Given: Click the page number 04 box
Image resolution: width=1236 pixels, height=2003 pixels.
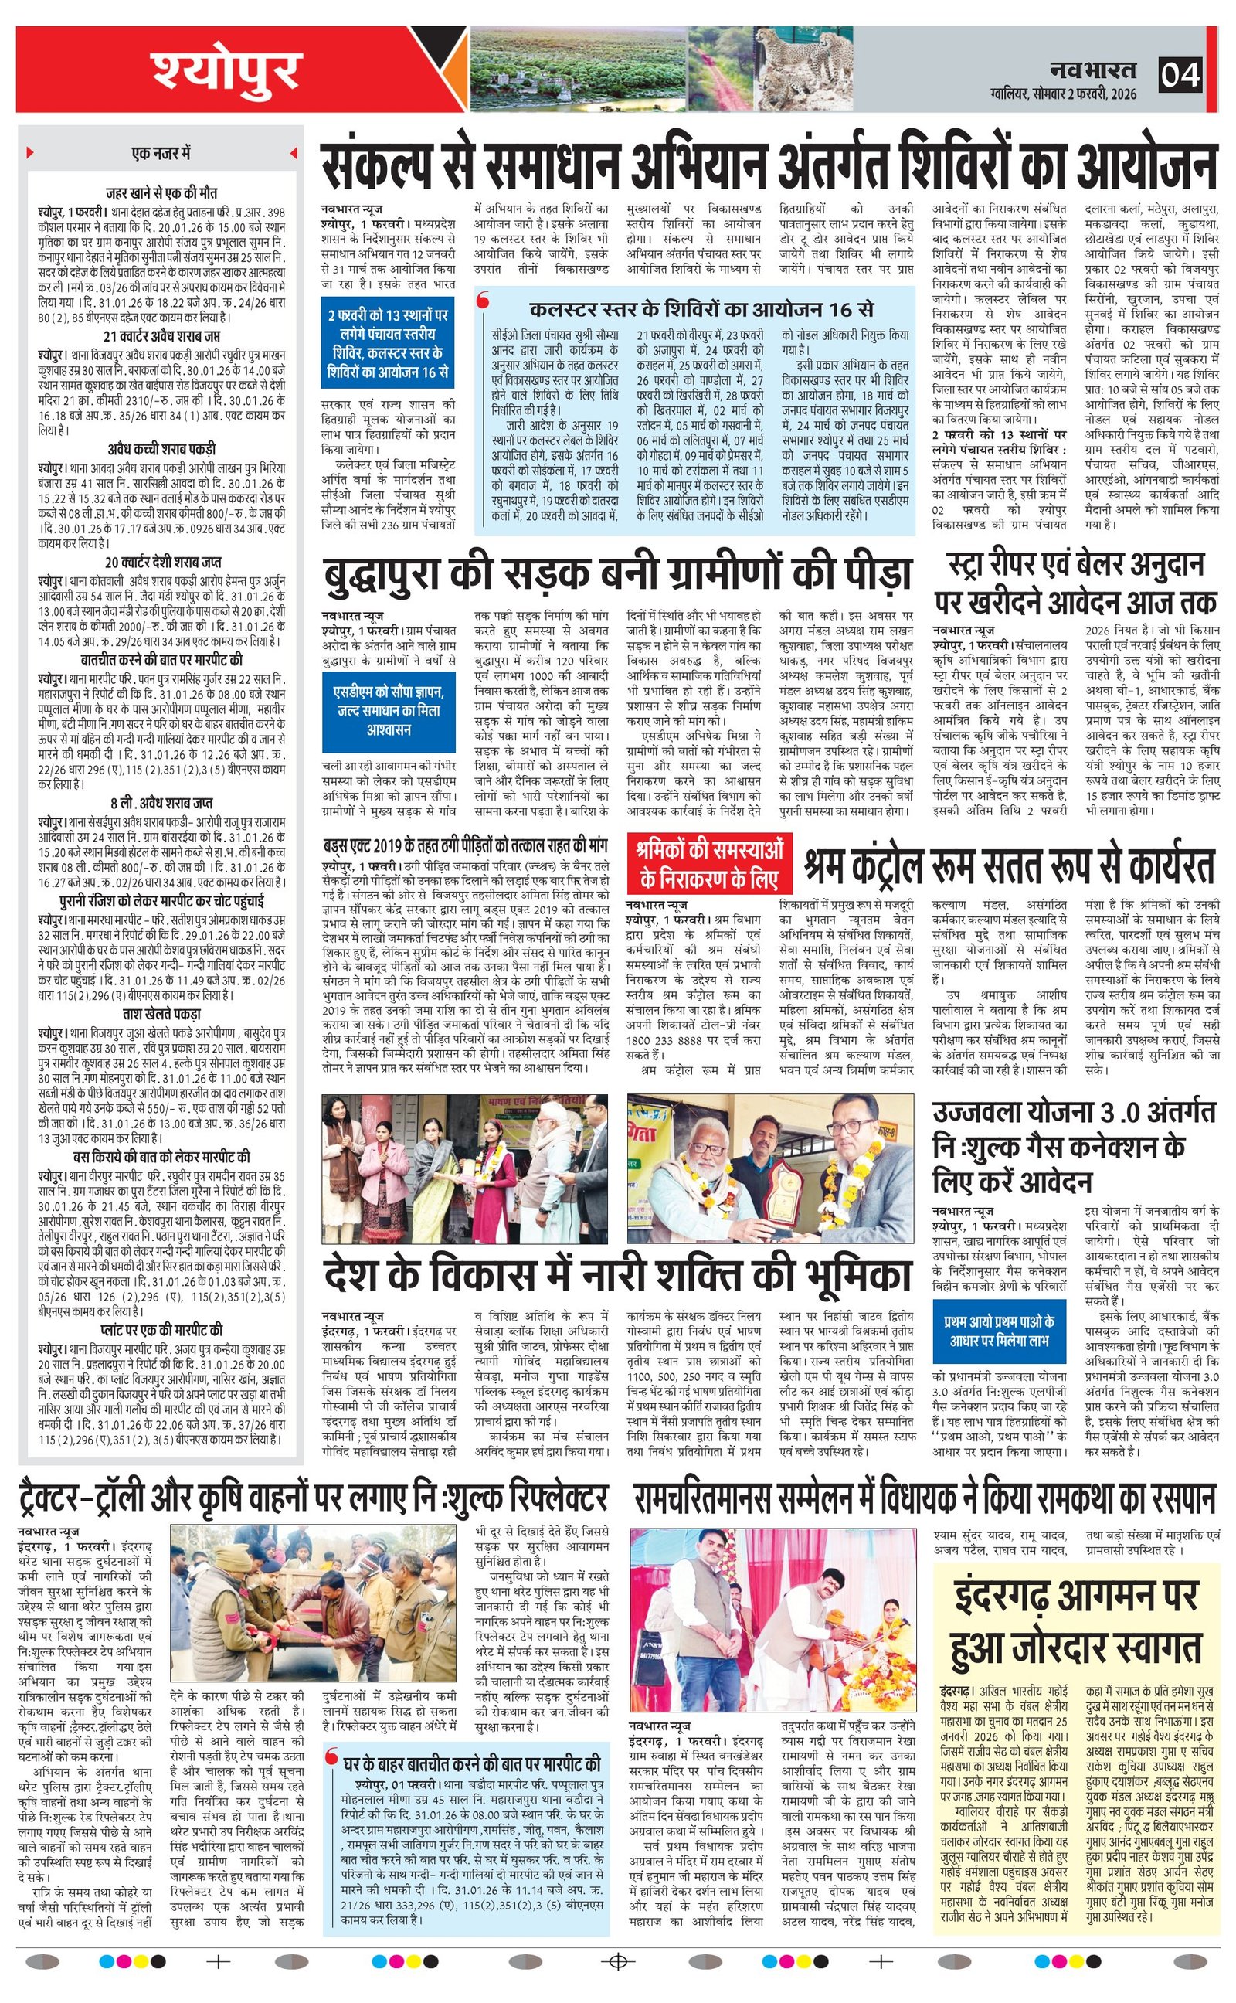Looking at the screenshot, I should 1180,75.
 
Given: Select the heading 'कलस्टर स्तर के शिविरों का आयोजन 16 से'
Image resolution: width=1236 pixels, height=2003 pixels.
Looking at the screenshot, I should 701,310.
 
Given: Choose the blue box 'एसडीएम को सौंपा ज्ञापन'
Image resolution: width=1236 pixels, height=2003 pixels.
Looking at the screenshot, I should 389,709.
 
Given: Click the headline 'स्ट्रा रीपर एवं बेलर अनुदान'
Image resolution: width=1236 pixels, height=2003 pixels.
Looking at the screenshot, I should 1076,563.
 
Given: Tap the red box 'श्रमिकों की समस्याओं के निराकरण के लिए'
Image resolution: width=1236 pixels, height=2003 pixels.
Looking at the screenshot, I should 711,864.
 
